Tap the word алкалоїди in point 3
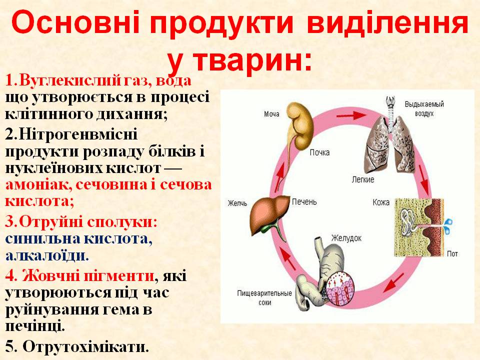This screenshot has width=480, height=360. tap(47, 255)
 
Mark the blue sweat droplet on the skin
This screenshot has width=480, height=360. tap(448, 221)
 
